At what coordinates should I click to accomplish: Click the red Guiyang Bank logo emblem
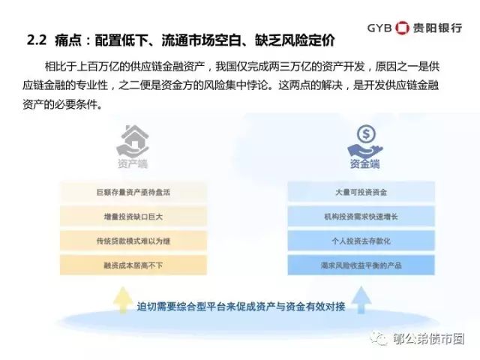(402, 28)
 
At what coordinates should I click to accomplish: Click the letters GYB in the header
(379, 28)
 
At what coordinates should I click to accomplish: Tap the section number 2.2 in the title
(37, 40)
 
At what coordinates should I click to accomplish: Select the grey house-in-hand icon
(133, 141)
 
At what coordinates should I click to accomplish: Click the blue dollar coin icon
(366, 133)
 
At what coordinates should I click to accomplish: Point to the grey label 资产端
(133, 163)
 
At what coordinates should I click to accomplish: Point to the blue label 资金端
(365, 163)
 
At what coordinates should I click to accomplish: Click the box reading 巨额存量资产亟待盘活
(133, 192)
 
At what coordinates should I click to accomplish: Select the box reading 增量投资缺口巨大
(133, 217)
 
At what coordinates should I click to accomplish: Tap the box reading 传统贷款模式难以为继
(133, 241)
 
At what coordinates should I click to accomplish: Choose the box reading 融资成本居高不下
(133, 265)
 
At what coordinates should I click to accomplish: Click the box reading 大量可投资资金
(361, 192)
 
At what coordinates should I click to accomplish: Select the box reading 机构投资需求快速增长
(361, 217)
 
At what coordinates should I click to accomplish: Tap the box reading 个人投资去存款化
(361, 241)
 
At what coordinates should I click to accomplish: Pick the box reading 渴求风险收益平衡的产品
(361, 265)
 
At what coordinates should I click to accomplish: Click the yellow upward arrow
(123, 300)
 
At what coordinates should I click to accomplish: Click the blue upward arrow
(361, 300)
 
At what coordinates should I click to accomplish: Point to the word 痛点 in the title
(68, 40)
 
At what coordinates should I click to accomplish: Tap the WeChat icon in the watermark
(379, 338)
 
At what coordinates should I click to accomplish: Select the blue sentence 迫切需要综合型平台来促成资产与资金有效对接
(241, 307)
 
